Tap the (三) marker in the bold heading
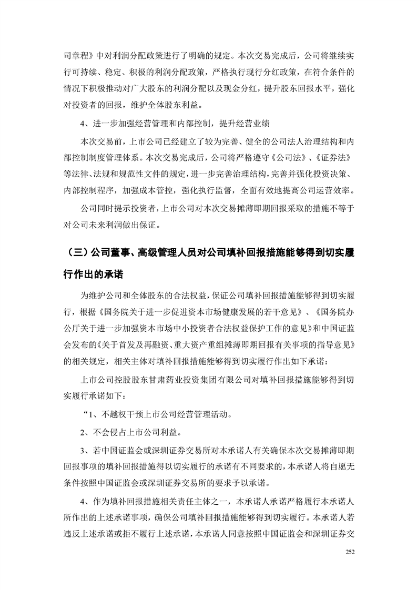coord(74,252)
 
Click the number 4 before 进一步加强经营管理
coord(83,124)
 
